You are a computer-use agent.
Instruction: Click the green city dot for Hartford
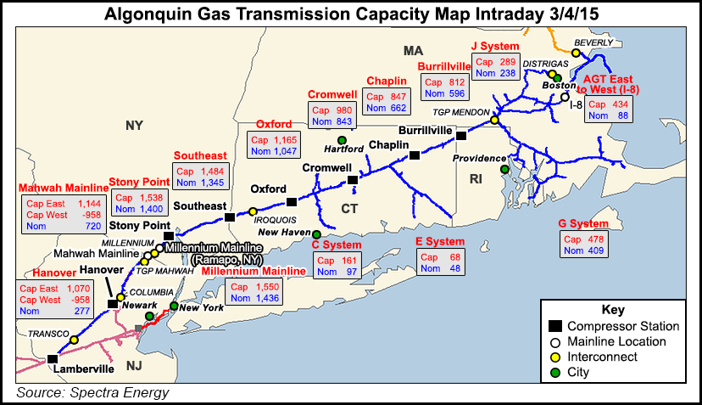point(342,140)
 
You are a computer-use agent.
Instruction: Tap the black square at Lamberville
point(53,358)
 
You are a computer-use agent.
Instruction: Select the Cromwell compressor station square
point(353,180)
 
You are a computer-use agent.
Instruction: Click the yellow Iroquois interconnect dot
point(253,211)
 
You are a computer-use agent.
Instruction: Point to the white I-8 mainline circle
point(565,98)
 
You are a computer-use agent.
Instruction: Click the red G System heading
point(584,223)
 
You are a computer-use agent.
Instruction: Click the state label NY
point(134,127)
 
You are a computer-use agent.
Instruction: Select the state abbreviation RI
point(476,179)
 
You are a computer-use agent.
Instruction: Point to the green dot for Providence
point(504,170)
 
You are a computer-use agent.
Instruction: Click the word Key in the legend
point(612,309)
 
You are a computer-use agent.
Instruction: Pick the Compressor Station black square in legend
point(555,326)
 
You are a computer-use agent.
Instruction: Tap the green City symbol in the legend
point(555,372)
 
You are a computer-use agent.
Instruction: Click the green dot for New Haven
point(316,234)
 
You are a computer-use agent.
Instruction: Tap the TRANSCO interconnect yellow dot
point(74,340)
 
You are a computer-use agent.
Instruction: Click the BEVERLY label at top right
point(592,42)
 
